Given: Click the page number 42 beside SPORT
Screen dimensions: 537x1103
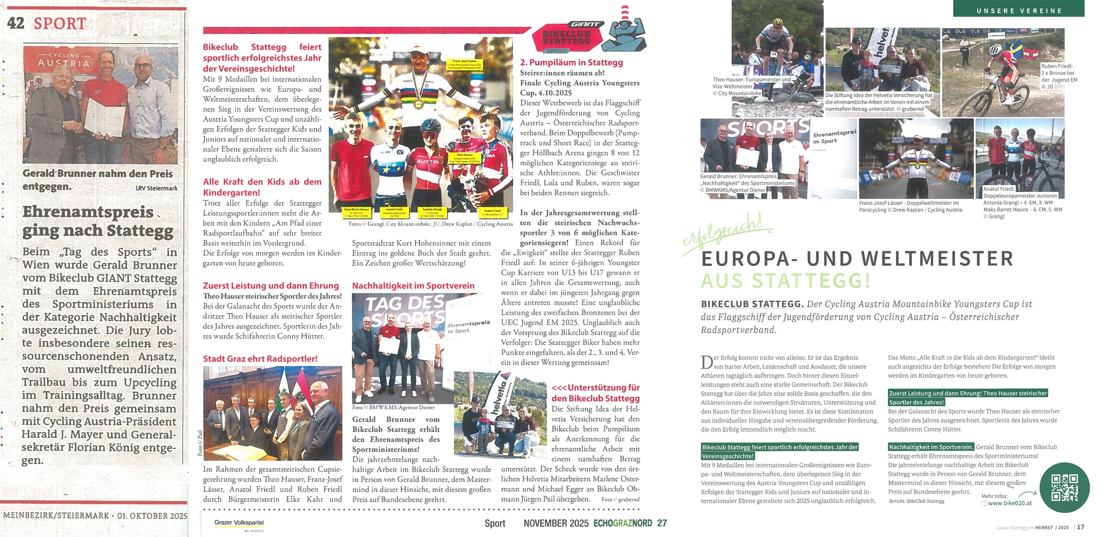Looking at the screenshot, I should [16, 23].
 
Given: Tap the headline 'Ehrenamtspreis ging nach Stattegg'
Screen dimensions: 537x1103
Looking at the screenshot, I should [98, 221].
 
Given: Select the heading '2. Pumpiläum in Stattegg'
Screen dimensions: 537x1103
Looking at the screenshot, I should [571, 62].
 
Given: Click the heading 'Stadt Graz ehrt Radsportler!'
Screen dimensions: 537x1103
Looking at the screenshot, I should [260, 359].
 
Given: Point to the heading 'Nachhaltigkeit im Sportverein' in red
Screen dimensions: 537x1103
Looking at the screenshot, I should [413, 286].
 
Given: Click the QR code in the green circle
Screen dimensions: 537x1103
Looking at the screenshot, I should [1064, 487].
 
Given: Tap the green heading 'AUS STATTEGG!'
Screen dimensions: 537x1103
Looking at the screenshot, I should [785, 281].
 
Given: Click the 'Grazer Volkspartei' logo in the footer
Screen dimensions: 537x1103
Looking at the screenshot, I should [239, 523].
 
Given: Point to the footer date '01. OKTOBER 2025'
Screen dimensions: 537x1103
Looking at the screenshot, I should [152, 516].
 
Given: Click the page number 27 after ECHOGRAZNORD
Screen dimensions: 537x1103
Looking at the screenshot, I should [662, 523].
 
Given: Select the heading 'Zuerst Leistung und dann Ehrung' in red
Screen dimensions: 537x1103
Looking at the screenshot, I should [271, 286].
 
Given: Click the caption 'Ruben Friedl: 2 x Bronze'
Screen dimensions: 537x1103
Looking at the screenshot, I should [1058, 73].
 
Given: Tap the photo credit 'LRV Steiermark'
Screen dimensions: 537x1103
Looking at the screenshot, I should [156, 188].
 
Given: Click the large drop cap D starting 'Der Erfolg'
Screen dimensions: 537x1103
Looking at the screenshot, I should [706, 362].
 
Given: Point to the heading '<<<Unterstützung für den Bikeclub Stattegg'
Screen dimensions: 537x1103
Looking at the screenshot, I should [595, 393].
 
